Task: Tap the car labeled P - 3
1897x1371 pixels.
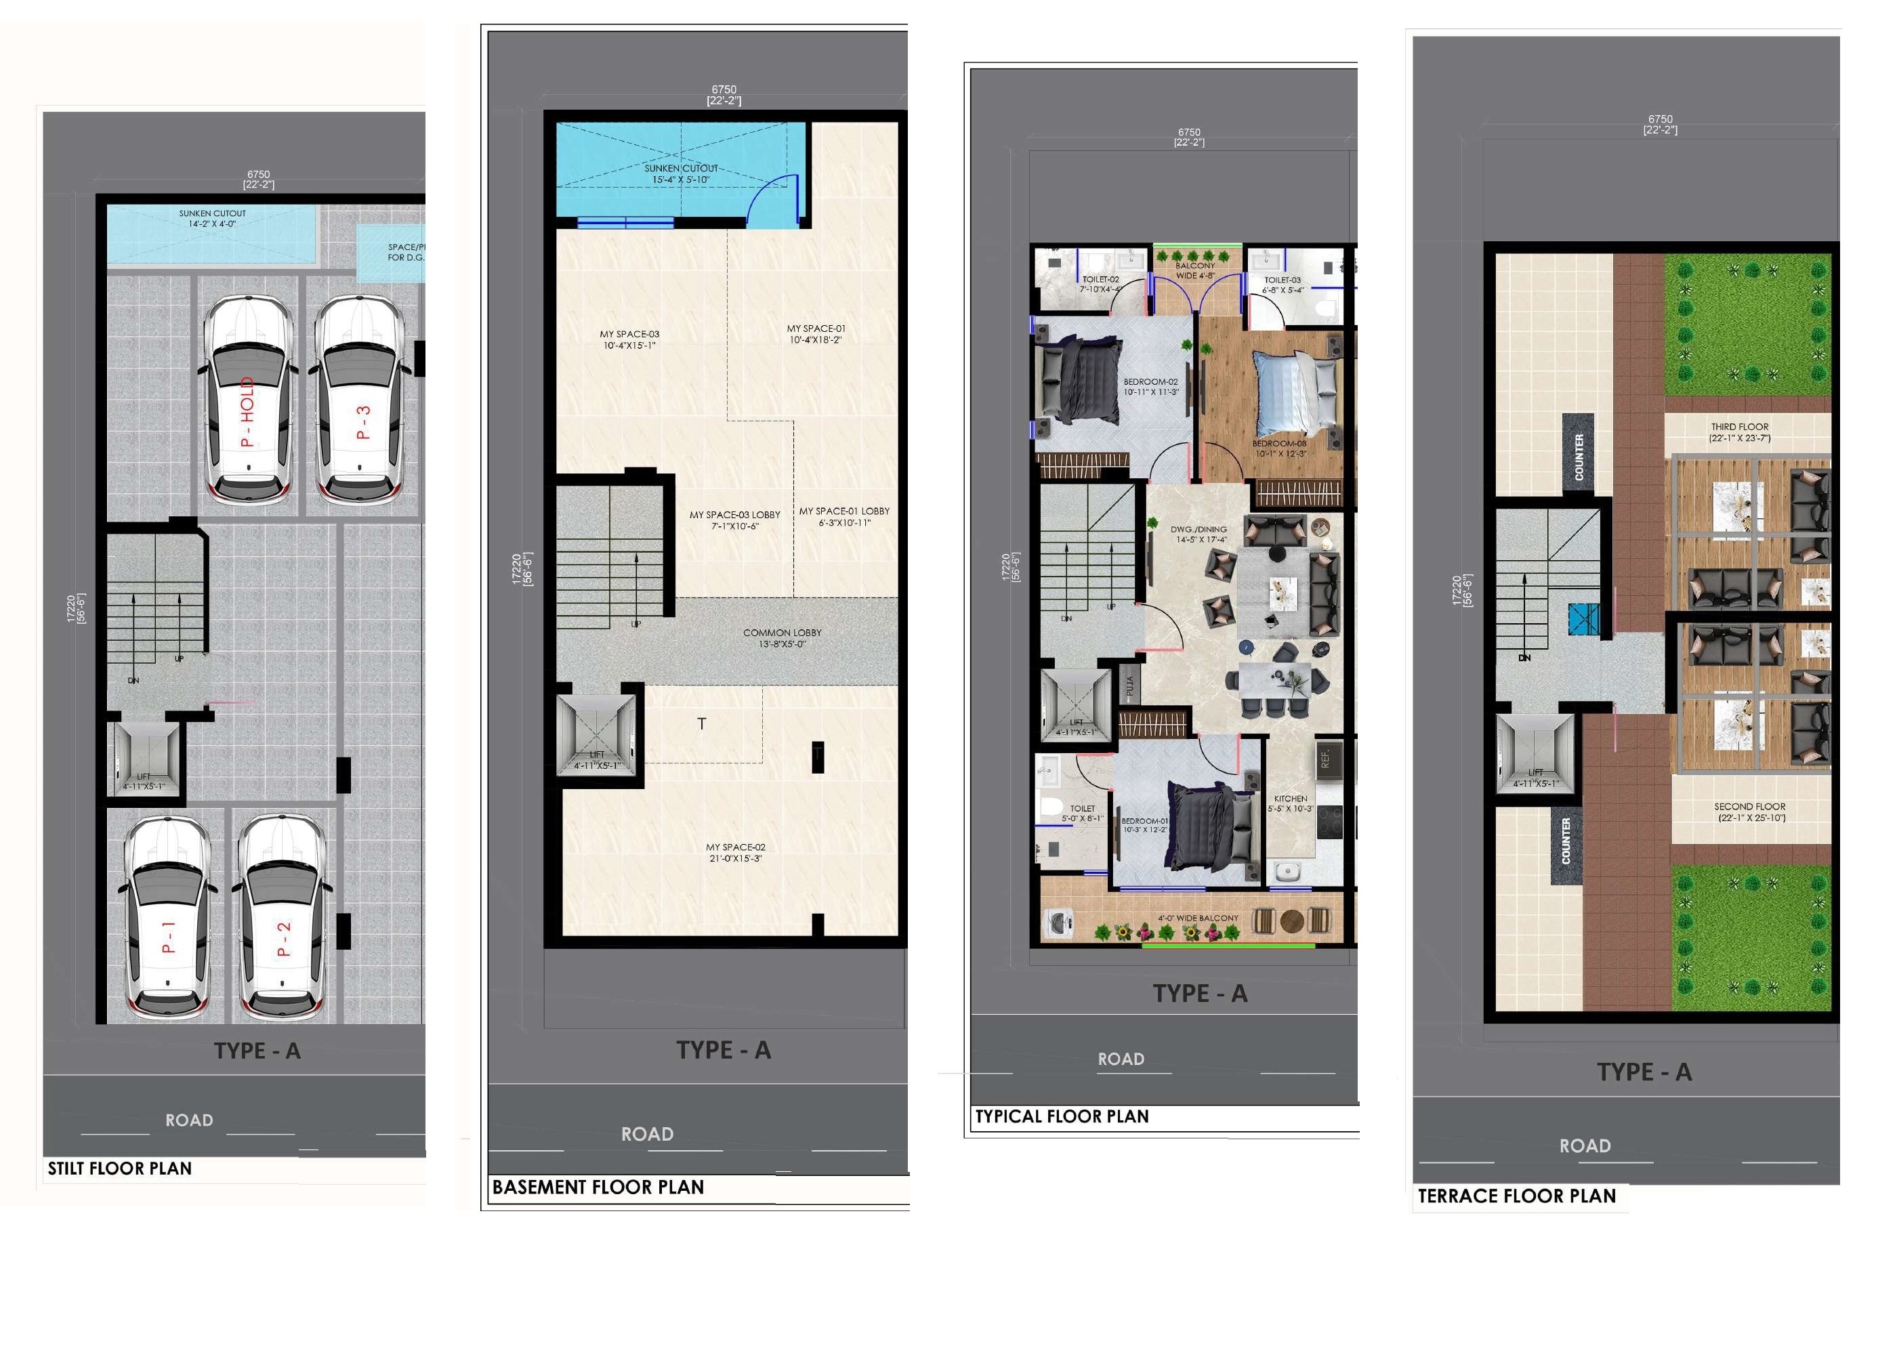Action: point(359,406)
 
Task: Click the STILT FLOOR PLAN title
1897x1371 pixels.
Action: point(120,1168)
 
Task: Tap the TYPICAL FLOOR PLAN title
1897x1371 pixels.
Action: point(1062,1116)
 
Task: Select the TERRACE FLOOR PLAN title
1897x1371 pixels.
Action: point(1516,1196)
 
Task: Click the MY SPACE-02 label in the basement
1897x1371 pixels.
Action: point(735,852)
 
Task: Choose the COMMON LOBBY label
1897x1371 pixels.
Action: point(782,638)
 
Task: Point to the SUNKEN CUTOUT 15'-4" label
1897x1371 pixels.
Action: point(681,174)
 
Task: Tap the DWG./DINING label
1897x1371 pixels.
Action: point(1198,534)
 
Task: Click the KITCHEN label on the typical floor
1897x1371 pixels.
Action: point(1291,803)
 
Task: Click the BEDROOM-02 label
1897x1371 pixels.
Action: point(1150,387)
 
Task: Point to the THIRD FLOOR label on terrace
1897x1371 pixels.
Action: point(1739,432)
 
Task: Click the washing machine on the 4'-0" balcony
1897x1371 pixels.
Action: point(1058,925)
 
